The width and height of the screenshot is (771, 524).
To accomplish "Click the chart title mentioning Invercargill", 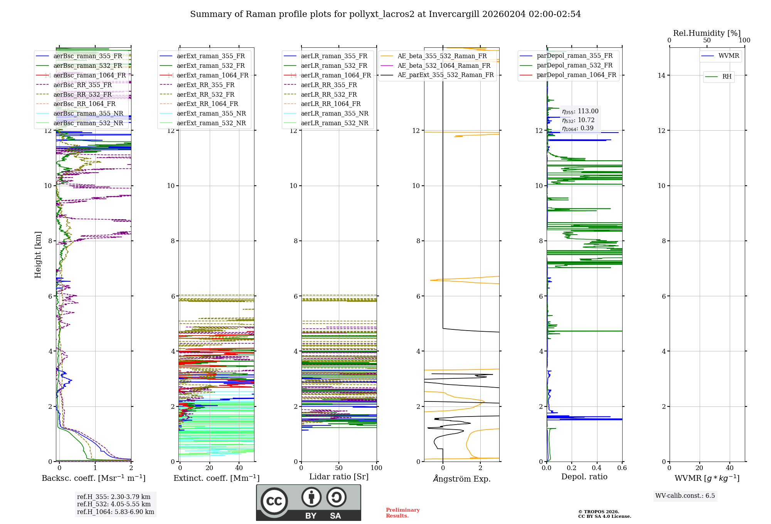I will [x=385, y=14].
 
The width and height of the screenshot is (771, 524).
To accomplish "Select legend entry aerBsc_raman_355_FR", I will [x=88, y=56].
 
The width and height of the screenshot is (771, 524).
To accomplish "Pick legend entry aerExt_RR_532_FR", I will [x=205, y=94].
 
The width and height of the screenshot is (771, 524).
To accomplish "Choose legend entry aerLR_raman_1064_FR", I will [x=336, y=76].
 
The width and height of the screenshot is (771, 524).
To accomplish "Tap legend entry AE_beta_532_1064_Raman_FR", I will [x=444, y=66].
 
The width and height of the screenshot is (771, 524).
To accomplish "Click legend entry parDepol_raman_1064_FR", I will [x=576, y=75].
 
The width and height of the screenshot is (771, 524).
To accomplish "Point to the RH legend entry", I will [x=727, y=77].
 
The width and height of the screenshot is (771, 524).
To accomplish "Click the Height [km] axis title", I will [x=38, y=254].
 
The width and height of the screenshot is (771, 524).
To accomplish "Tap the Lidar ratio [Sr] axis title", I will [x=339, y=477].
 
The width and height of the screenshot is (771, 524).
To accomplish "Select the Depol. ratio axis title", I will [x=584, y=477].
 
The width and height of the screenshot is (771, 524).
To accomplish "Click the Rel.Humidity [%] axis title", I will [x=707, y=33].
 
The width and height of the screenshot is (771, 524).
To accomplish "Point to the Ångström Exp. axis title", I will [x=461, y=479].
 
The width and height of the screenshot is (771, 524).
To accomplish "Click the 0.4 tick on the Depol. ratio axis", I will [x=597, y=468].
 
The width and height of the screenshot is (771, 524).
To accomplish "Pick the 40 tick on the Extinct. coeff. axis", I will [x=239, y=468].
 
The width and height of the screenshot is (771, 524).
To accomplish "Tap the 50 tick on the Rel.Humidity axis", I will [x=707, y=40].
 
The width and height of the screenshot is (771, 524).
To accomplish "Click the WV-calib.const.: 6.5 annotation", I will [x=685, y=496].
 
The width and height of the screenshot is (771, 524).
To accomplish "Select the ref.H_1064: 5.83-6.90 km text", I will [x=115, y=512].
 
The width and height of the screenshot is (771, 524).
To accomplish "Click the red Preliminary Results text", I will [x=402, y=513].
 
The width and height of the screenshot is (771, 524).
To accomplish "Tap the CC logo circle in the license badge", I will [x=274, y=501].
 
